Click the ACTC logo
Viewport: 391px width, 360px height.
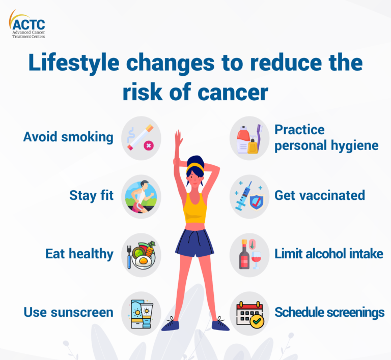(28, 24)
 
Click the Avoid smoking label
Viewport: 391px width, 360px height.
(68, 137)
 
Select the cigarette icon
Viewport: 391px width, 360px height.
(141, 138)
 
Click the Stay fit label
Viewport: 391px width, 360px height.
(92, 195)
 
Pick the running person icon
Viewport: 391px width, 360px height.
(141, 196)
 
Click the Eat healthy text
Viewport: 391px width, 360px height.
(79, 254)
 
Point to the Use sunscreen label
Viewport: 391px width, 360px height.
(68, 312)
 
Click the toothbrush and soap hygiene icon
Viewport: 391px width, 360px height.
(249, 138)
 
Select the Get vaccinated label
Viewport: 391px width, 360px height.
(320, 195)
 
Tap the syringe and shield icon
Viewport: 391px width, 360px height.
(249, 196)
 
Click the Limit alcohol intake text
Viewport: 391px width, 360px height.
(329, 254)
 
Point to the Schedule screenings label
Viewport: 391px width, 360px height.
(329, 312)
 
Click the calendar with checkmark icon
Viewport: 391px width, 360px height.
(249, 313)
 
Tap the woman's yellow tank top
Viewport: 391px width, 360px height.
(195, 208)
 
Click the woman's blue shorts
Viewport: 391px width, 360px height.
(194, 243)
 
